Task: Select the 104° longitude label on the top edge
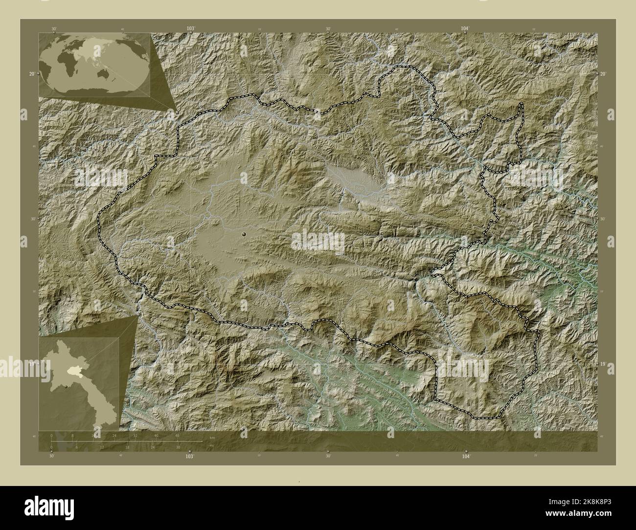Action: coord(465,29)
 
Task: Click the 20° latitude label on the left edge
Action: coord(32,74)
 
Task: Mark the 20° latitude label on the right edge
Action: coord(604,74)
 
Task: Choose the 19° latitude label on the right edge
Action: coord(604,364)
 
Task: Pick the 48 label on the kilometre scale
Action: coord(177,435)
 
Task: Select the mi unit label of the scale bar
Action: coord(211,445)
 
